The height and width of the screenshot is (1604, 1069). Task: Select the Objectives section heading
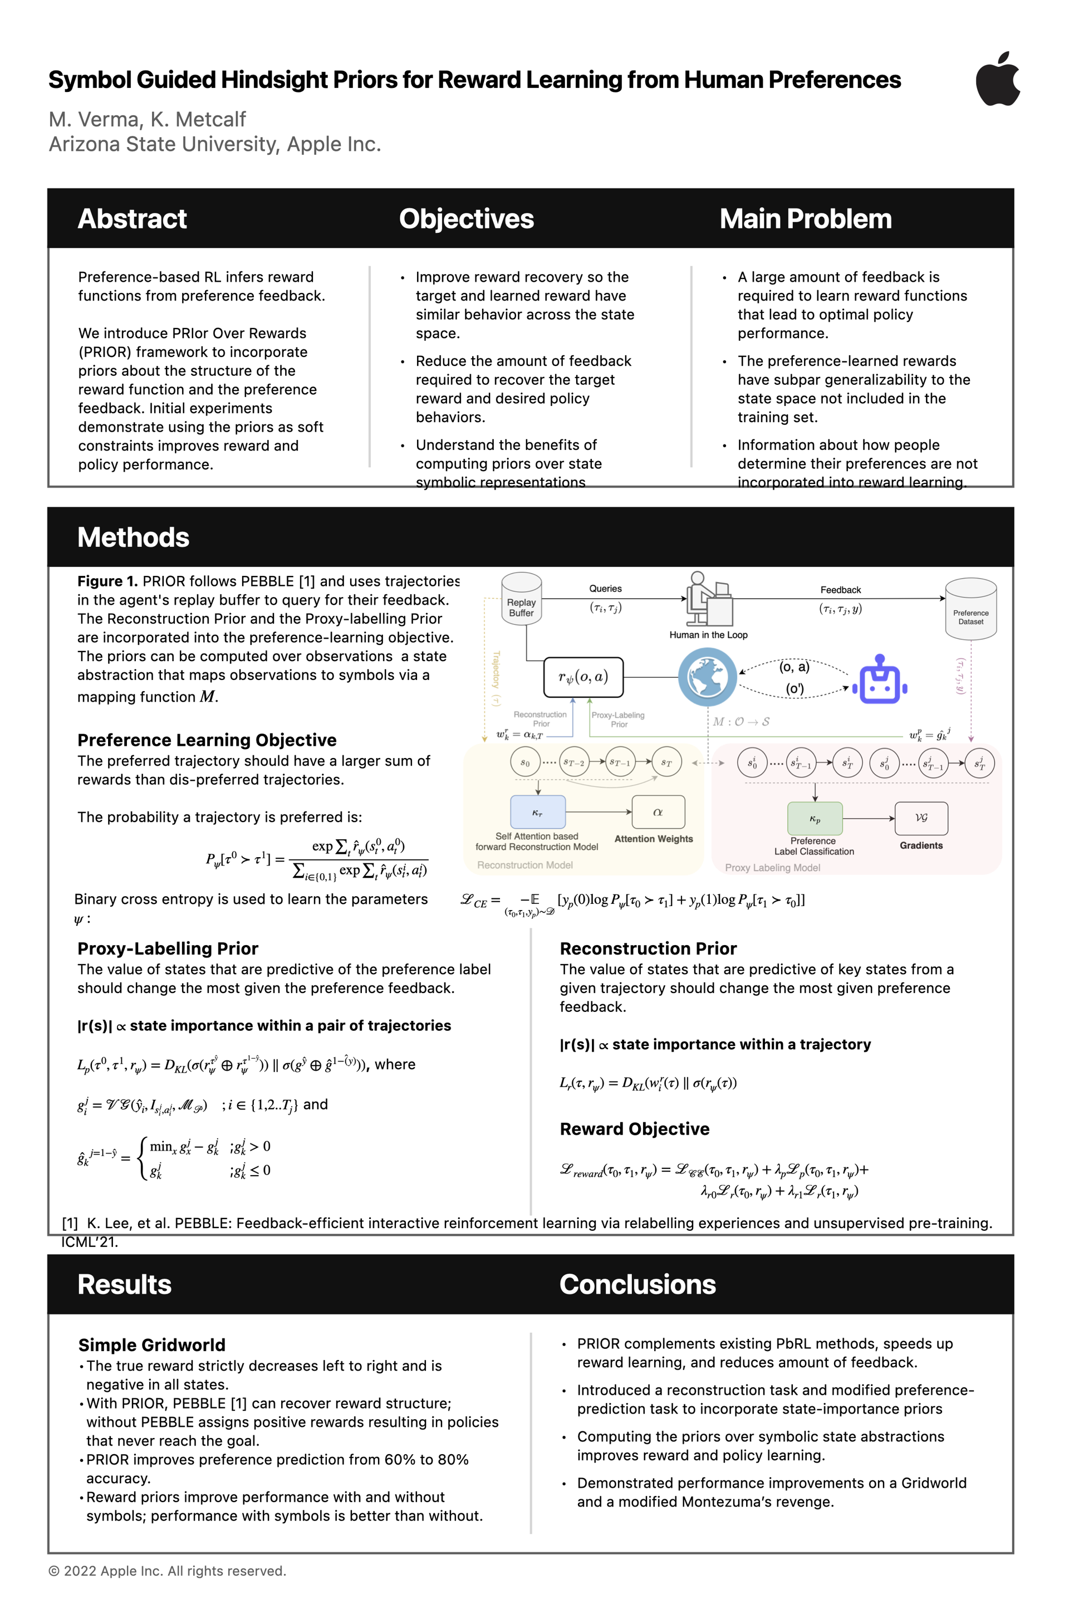coord(467,219)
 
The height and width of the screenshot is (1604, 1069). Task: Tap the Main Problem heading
coord(805,219)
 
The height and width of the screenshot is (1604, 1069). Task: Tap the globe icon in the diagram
coord(708,677)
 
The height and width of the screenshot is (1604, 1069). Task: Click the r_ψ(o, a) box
coord(583,677)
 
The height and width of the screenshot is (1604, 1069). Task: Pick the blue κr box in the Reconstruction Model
coord(538,812)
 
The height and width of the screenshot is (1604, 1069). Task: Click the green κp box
coord(815,818)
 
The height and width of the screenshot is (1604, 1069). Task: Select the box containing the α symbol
coord(658,812)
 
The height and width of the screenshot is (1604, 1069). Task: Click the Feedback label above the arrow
coord(840,590)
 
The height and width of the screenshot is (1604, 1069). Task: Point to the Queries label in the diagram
coord(605,589)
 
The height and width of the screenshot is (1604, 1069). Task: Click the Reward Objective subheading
coord(634,1129)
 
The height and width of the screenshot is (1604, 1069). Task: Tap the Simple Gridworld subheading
coord(151,1345)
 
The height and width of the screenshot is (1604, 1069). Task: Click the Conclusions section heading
coord(638,1284)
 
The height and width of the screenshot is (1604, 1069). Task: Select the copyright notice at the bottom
coord(167,1571)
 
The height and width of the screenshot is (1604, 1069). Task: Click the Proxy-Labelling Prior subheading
coord(168,948)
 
